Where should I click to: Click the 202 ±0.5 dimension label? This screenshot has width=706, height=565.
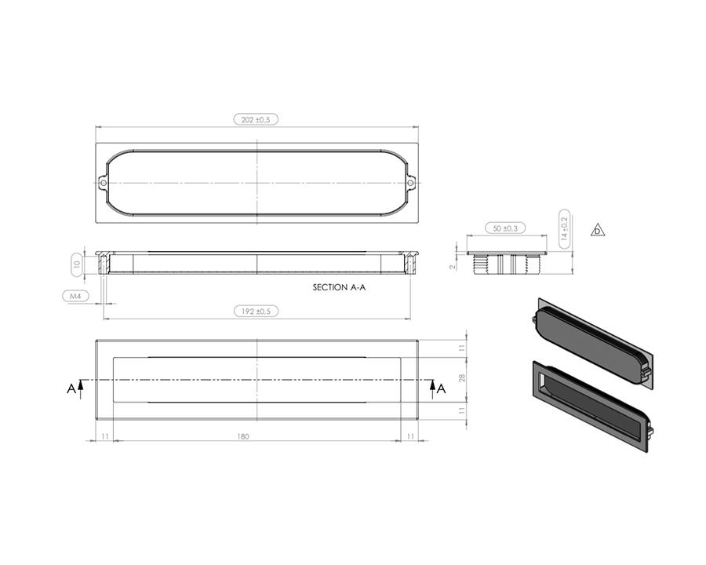pyautogui.click(x=256, y=119)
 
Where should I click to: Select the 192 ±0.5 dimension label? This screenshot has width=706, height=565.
pyautogui.click(x=257, y=312)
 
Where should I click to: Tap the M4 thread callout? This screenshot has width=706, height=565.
pyautogui.click(x=75, y=296)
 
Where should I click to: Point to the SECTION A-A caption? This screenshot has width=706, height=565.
pyautogui.click(x=339, y=287)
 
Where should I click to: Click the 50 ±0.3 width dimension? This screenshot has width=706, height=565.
pyautogui.click(x=505, y=228)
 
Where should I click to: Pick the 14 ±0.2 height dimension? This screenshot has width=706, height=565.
pyautogui.click(x=564, y=229)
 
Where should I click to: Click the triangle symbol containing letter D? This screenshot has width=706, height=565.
pyautogui.click(x=598, y=230)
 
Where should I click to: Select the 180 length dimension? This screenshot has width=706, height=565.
pyautogui.click(x=242, y=436)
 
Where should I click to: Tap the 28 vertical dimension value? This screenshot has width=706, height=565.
pyautogui.click(x=461, y=378)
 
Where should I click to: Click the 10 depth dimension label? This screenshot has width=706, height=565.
pyautogui.click(x=77, y=264)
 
